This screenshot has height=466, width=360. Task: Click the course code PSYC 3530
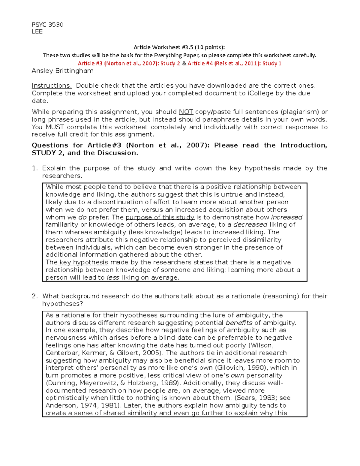tap(47, 25)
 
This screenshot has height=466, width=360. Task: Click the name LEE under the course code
tap(37, 32)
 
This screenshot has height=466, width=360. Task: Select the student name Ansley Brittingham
tap(62, 71)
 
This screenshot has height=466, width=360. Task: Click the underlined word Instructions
tap(52, 86)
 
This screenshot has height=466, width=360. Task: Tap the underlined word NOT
tap(186, 112)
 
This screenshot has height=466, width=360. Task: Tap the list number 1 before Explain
tap(35, 168)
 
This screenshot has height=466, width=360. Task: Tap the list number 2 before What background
tap(35, 296)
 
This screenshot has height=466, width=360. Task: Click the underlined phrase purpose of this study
tap(160, 217)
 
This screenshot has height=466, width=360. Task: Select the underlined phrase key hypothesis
tap(83, 262)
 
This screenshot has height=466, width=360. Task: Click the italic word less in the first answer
tap(113, 278)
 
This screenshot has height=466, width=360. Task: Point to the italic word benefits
tap(239, 323)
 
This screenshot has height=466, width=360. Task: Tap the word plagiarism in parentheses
tap(300, 112)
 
